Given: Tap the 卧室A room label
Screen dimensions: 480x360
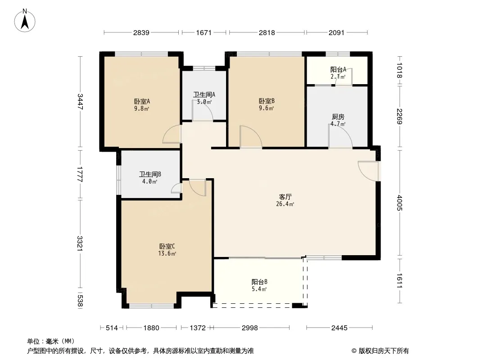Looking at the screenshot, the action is [142, 101].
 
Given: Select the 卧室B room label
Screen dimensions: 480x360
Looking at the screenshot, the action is [267, 101].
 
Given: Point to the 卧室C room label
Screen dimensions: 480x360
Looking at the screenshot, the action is [167, 246].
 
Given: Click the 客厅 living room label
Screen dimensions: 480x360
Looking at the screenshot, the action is [285, 197].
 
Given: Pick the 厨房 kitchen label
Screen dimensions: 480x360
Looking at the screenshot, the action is [338, 117].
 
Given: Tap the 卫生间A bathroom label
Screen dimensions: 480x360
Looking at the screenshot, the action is [204, 94].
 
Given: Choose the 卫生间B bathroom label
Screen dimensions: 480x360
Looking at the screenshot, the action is [150, 174].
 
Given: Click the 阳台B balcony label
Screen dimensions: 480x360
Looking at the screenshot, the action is [260, 282].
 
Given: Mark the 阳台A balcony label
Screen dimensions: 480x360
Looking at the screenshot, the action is [338, 69].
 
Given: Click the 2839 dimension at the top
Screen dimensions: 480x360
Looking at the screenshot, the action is [141, 32].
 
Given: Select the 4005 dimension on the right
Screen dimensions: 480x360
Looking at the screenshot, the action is [399, 203].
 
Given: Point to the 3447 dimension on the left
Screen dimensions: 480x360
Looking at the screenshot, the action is [80, 102].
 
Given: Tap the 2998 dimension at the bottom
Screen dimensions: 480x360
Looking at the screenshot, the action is [250, 328].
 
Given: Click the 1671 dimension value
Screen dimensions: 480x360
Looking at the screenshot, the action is [204, 32].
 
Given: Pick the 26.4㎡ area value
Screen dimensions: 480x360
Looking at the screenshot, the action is [285, 204].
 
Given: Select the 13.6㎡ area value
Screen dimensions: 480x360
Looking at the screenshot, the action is [167, 253].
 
